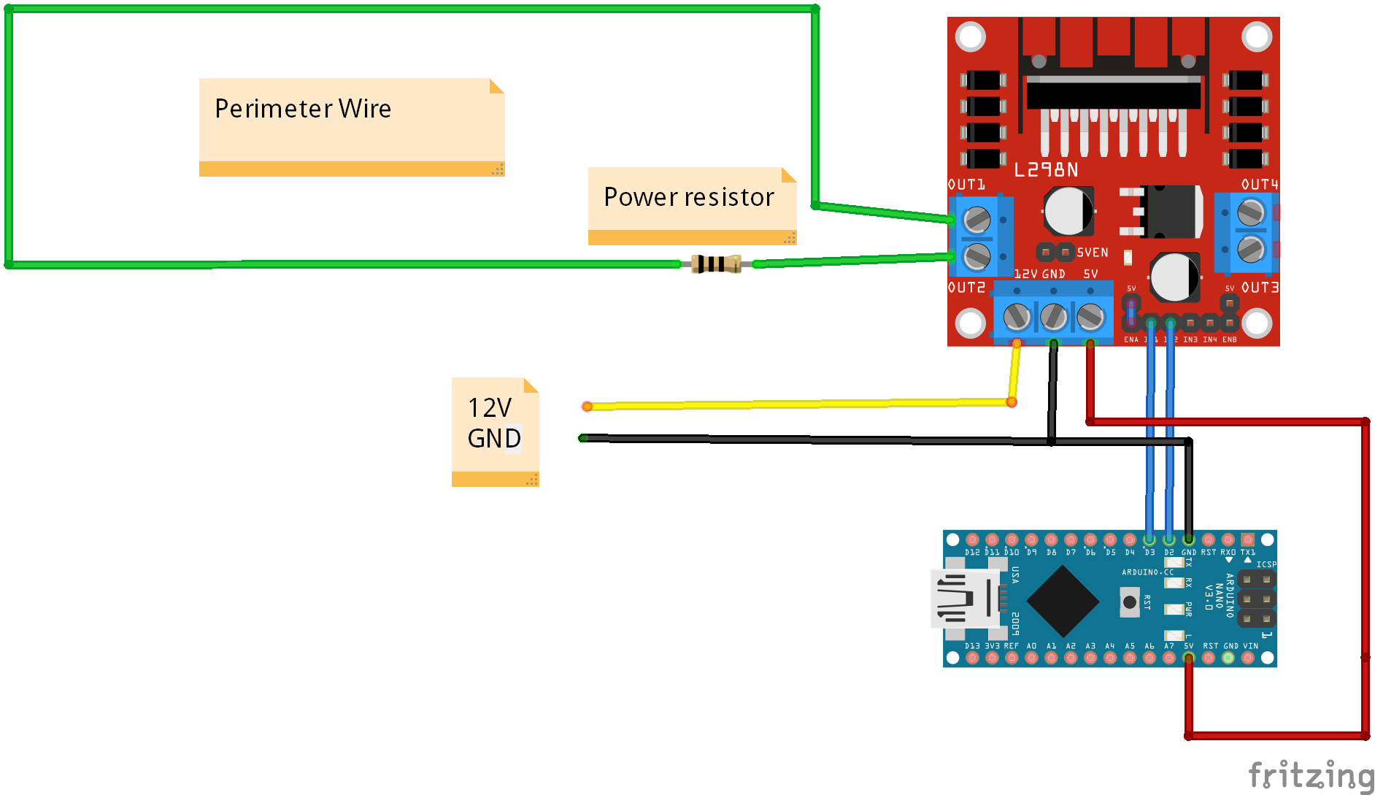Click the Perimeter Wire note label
point(303,109)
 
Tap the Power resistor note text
point(688,197)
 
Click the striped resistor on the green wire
point(716,264)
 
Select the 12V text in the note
point(489,407)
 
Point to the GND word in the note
point(494,438)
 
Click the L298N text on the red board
point(1046,170)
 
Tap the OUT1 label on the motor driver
point(966,185)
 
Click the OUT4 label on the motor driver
point(1260,185)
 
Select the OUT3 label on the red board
point(1260,288)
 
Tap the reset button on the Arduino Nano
point(1129,602)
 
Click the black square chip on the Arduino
point(1063,601)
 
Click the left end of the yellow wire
point(587,406)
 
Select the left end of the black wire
point(582,438)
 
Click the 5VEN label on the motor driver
point(1092,253)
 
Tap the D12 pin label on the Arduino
point(972,553)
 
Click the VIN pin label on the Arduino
point(1250,646)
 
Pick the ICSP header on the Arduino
point(1256,599)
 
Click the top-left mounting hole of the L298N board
point(971,37)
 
